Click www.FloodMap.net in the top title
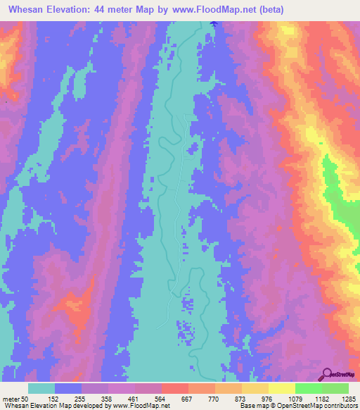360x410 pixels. pyautogui.click(x=230, y=9)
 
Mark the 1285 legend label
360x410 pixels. pyautogui.click(x=348, y=398)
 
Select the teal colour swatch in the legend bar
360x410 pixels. pyautogui.click(x=41, y=388)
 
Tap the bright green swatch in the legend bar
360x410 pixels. pyautogui.click(x=308, y=388)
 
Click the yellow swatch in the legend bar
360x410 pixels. pyautogui.click(x=281, y=388)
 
